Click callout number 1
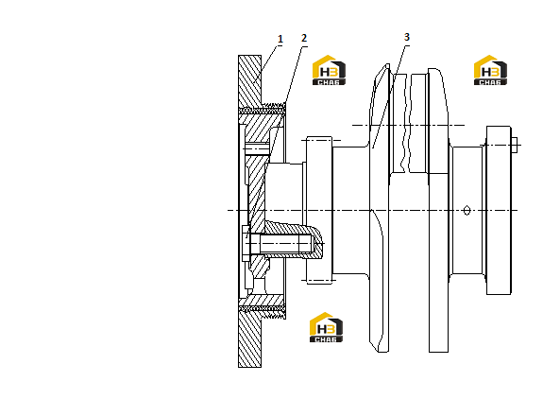(x=280, y=39)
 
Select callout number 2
(x=304, y=38)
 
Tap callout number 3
(x=407, y=37)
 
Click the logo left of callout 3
(x=329, y=70)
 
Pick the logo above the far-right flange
(x=490, y=70)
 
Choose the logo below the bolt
(x=326, y=327)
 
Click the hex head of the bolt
(x=246, y=244)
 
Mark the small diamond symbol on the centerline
(x=467, y=210)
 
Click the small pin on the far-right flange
(x=515, y=145)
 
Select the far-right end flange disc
(x=499, y=210)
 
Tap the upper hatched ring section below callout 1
(x=249, y=81)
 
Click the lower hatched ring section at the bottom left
(x=249, y=338)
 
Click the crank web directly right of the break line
(x=438, y=210)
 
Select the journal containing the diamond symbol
(x=467, y=210)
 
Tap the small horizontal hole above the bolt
(x=257, y=149)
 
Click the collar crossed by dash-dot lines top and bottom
(x=319, y=210)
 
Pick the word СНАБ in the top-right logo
(x=490, y=82)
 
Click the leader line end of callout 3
(x=373, y=147)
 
